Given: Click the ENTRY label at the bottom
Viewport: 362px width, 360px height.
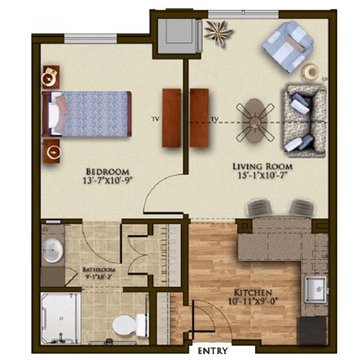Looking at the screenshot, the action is pyautogui.click(x=212, y=351).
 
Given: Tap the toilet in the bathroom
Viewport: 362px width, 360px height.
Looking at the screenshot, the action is pyautogui.click(x=130, y=325).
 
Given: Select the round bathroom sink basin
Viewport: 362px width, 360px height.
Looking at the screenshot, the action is pyautogui.click(x=52, y=250).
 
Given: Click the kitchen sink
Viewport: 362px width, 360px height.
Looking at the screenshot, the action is pyautogui.click(x=316, y=290).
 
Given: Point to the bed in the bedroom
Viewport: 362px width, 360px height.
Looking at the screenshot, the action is pyautogui.click(x=86, y=114).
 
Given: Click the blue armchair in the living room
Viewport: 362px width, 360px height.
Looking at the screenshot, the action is pyautogui.click(x=288, y=46).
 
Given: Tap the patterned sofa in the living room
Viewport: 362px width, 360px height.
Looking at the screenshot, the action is pyautogui.click(x=305, y=121).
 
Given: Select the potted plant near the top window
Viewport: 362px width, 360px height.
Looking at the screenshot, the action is pyautogui.click(x=218, y=33).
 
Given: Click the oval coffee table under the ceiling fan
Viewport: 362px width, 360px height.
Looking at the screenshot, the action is pyautogui.click(x=255, y=121).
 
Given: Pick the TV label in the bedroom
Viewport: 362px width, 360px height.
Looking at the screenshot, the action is pyautogui.click(x=156, y=119).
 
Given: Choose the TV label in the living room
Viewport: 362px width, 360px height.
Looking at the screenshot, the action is pyautogui.click(x=215, y=119).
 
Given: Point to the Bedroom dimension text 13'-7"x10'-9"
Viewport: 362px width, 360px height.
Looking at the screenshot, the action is pyautogui.click(x=108, y=180).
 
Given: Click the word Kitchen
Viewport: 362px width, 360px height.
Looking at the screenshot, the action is pyautogui.click(x=253, y=293).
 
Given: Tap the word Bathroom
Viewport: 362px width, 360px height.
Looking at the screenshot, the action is pyautogui.click(x=99, y=270).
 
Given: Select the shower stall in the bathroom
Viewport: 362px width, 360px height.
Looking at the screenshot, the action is pyautogui.click(x=61, y=318).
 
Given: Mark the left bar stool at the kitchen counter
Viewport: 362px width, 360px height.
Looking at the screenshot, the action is pyautogui.click(x=259, y=208).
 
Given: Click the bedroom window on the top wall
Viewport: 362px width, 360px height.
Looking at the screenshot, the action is pyautogui.click(x=90, y=39).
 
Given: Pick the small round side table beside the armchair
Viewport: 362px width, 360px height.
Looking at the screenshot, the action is pyautogui.click(x=310, y=72).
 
